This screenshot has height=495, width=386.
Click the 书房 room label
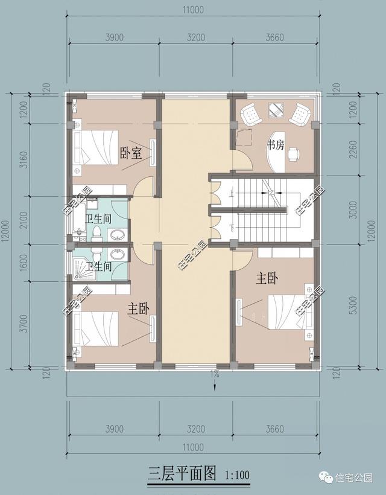[x=276, y=145]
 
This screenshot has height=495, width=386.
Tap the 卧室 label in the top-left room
[x=130, y=153]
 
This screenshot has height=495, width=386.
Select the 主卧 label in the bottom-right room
[x=267, y=278]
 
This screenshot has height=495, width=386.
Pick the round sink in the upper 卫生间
[x=118, y=235]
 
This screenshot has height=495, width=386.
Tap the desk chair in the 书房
[x=294, y=154]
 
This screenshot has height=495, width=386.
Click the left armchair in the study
[x=251, y=114]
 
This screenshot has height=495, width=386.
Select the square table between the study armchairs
[x=276, y=110]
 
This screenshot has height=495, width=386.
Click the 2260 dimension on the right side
[x=353, y=149]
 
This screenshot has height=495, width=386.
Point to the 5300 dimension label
[x=353, y=305]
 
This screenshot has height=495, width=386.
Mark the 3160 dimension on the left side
[x=24, y=159]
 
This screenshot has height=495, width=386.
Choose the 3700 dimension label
[x=24, y=324]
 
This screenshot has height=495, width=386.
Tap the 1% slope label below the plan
[x=215, y=374]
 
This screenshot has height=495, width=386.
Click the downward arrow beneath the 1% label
[x=215, y=385]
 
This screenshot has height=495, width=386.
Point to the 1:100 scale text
[x=237, y=475]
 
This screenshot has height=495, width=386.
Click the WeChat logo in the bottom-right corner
[x=326, y=477]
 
